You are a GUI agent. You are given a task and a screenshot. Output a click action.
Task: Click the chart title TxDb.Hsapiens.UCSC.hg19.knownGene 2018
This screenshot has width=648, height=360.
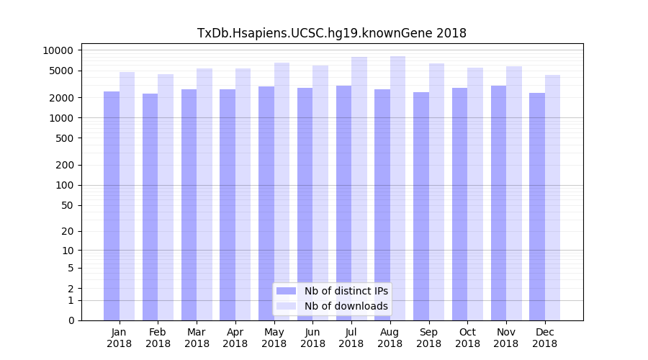pyautogui.click(x=331, y=33)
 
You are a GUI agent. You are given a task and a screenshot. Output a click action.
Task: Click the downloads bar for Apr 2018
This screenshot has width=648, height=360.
pyautogui.click(x=243, y=194)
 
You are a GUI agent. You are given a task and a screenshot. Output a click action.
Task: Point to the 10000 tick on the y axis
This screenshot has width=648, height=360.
pyautogui.click(x=58, y=50)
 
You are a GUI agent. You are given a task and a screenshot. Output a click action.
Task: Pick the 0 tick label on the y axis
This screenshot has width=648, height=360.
pyautogui.click(x=71, y=320)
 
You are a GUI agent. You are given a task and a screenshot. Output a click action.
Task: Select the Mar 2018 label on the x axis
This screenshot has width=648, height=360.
pyautogui.click(x=197, y=338)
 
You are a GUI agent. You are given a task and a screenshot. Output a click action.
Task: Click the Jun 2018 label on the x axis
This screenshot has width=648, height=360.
pyautogui.click(x=312, y=338)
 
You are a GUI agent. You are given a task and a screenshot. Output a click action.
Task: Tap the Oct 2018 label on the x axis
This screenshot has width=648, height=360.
pyautogui.click(x=467, y=338)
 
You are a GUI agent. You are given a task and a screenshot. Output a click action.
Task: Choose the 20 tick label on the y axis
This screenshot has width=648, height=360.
pyautogui.click(x=67, y=232)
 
